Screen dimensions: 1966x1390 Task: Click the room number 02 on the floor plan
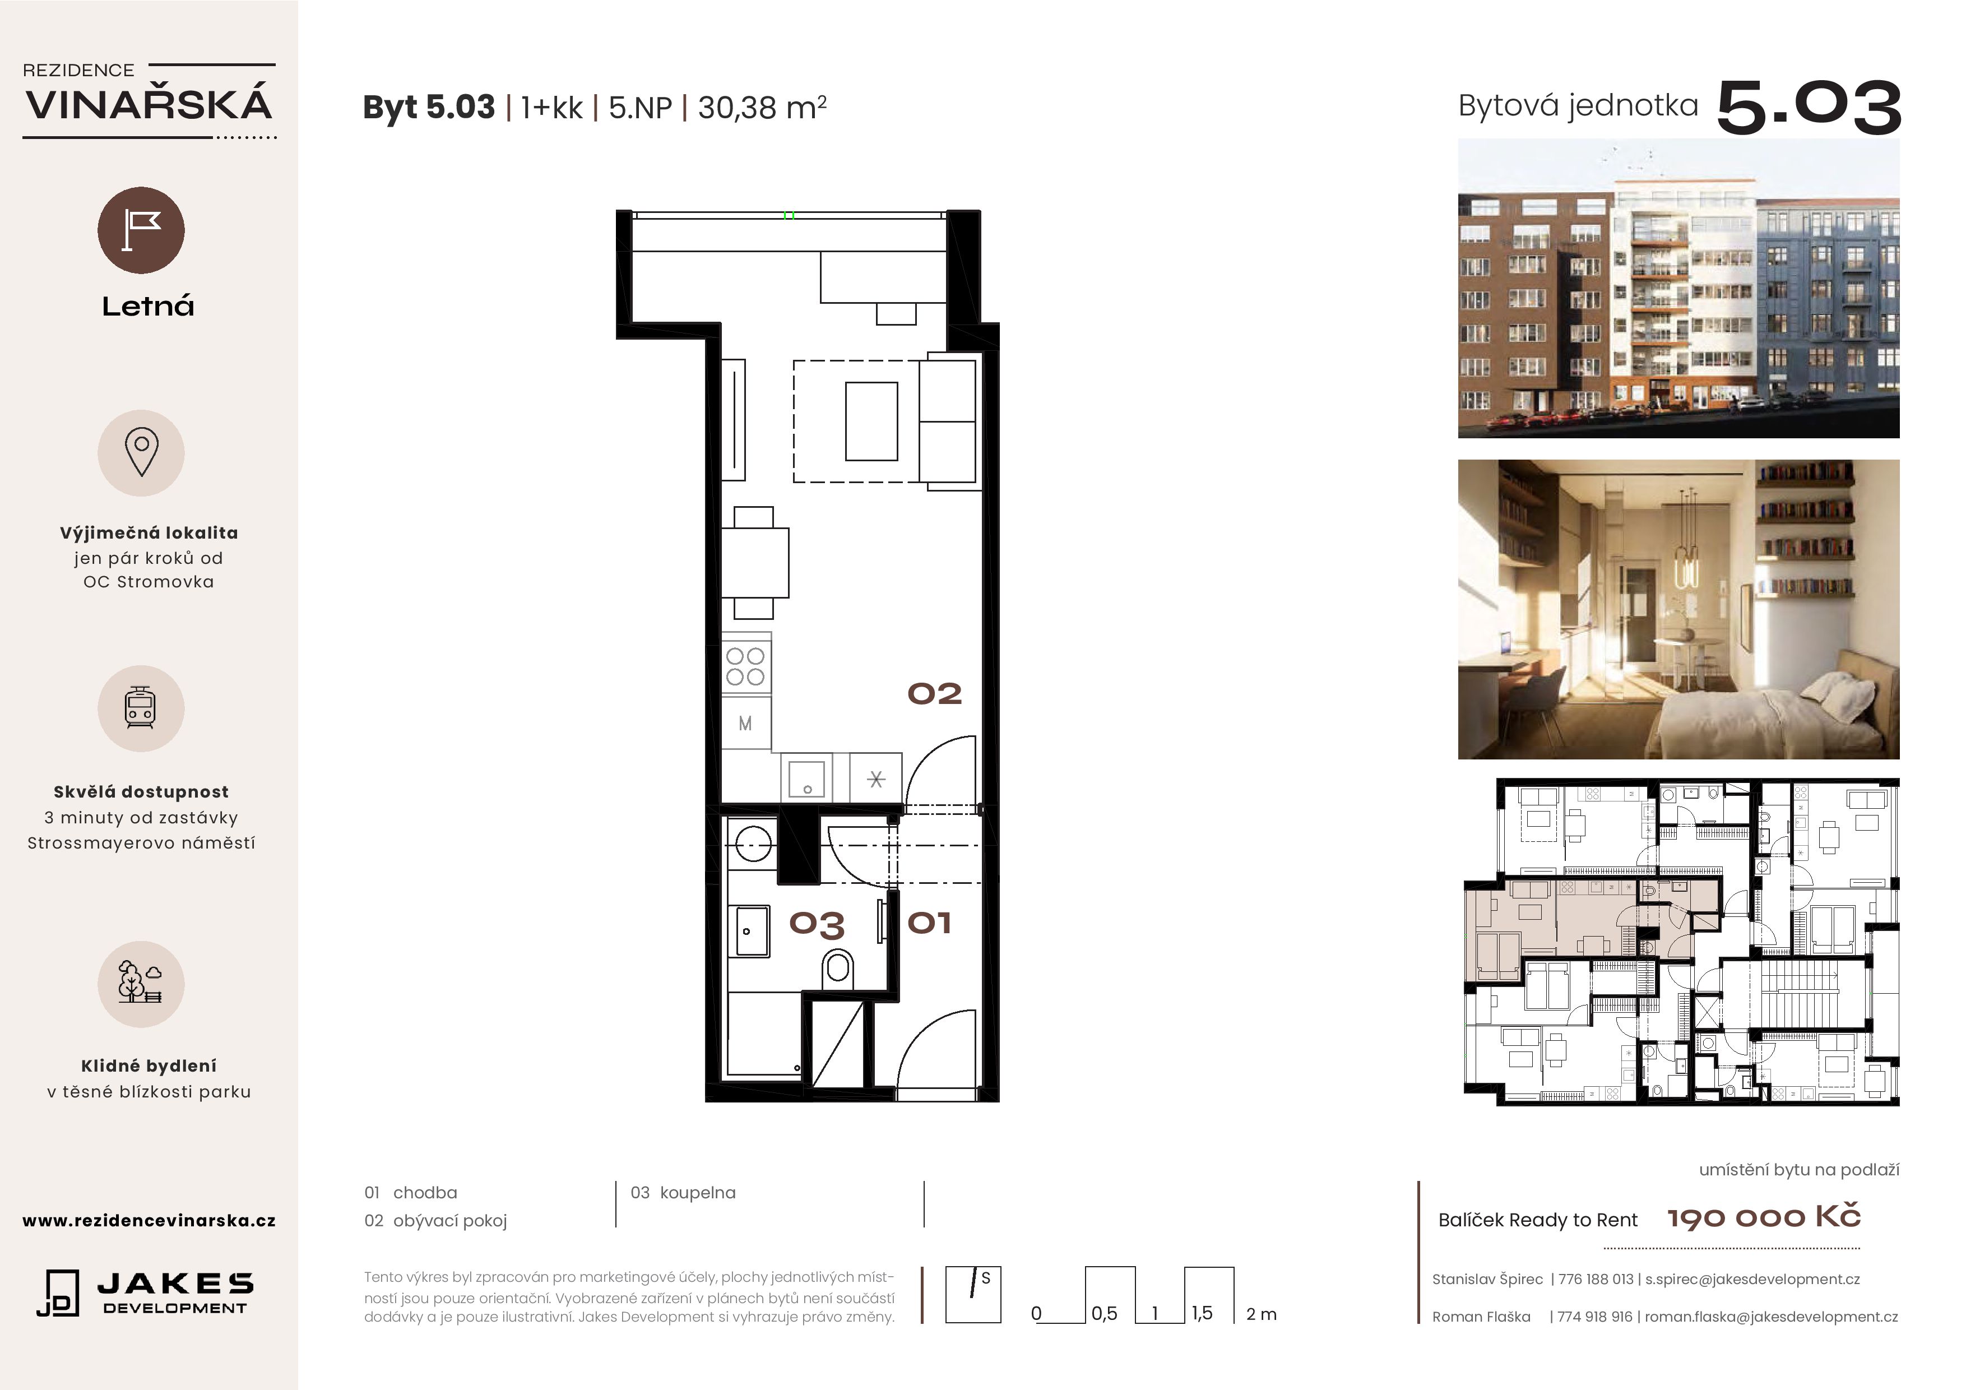tap(934, 694)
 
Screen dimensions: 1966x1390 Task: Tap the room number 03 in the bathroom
tap(817, 924)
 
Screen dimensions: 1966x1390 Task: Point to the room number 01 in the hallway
tap(929, 923)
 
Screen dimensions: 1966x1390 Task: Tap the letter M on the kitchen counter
tap(745, 724)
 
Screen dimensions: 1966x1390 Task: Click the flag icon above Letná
tap(141, 230)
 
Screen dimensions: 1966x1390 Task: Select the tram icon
tap(141, 708)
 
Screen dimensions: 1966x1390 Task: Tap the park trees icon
tap(141, 983)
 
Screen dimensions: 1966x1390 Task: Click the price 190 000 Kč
tap(1764, 1217)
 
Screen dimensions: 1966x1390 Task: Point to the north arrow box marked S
tap(973, 1295)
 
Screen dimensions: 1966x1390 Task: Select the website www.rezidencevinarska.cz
tap(149, 1220)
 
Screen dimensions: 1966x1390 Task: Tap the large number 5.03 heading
tap(1809, 108)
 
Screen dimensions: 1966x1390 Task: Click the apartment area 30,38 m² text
tap(762, 107)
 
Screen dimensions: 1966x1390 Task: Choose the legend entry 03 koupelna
tap(683, 1192)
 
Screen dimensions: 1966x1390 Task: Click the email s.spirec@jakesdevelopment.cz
tap(1752, 1278)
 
